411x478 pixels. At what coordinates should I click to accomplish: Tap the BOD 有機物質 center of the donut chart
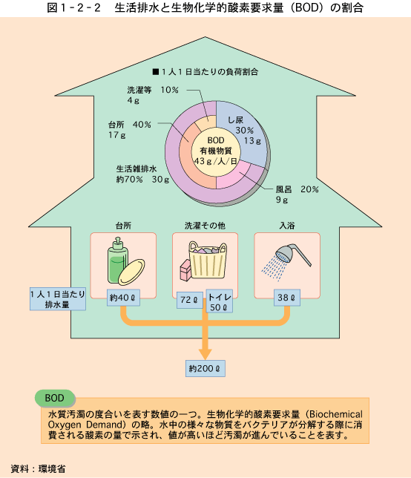pyautogui.click(x=216, y=151)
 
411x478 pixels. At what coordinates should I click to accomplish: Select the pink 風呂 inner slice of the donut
pyautogui.click(x=231, y=177)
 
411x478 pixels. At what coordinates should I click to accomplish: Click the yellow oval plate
pyautogui.click(x=131, y=272)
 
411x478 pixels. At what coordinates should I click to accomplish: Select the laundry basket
pyautogui.click(x=208, y=259)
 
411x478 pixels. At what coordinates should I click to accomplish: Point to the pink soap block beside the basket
pyautogui.click(x=185, y=269)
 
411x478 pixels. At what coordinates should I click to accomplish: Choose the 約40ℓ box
pyautogui.click(x=123, y=298)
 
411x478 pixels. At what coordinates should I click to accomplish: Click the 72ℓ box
pyautogui.click(x=189, y=300)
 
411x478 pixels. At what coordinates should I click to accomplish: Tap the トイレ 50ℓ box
pyautogui.click(x=220, y=301)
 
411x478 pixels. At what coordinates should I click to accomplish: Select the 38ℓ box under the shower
pyautogui.click(x=286, y=298)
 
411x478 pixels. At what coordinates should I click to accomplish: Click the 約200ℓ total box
pyautogui.click(x=205, y=369)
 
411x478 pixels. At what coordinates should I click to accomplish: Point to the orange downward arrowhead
pyautogui.click(x=205, y=353)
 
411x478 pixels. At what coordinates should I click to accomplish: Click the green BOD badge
pyautogui.click(x=55, y=398)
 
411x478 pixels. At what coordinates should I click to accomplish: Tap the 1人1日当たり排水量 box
pyautogui.click(x=58, y=299)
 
